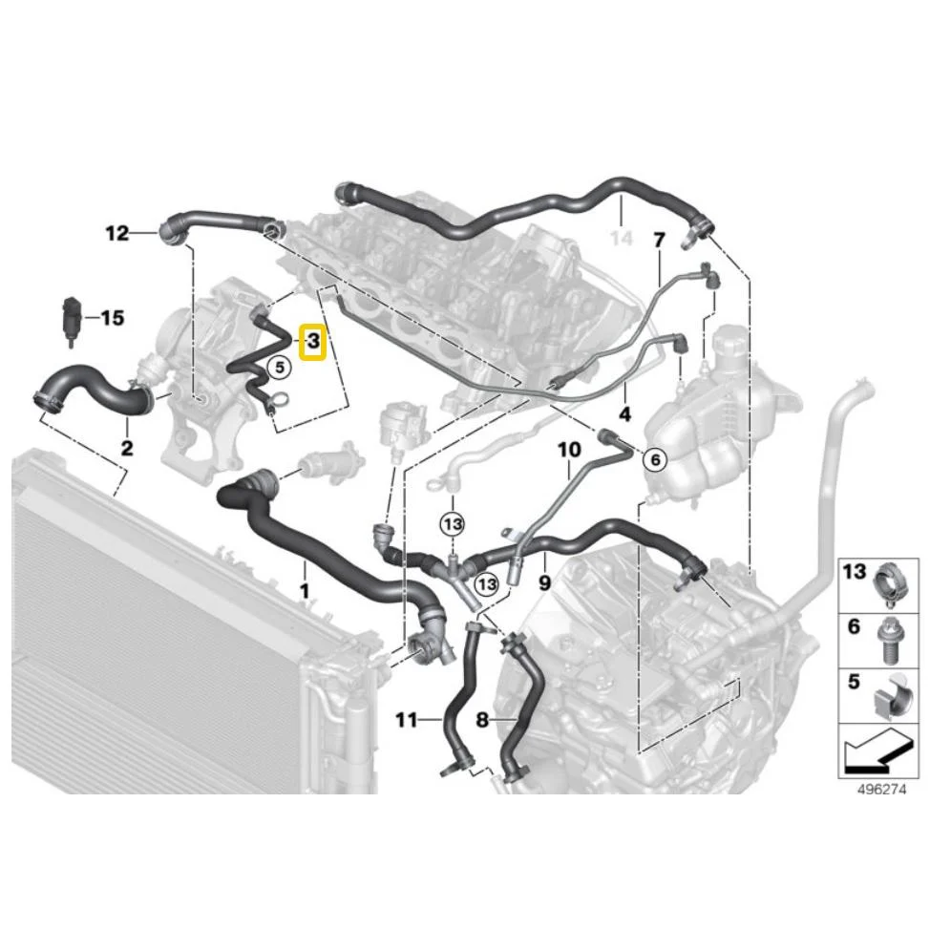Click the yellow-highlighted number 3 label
point(314,342)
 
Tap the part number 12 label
point(117,233)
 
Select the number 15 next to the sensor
point(113,318)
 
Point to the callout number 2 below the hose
point(127,448)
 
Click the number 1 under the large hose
point(305,590)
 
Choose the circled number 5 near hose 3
point(280,367)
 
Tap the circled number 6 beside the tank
point(655,459)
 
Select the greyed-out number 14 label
point(621,239)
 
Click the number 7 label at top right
point(659,241)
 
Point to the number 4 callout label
point(624,414)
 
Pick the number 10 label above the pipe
point(569,450)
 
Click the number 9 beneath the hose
point(544,582)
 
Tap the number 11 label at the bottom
point(406,719)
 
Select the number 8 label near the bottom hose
point(482,720)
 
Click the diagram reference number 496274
point(881,789)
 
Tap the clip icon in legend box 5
point(892,696)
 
